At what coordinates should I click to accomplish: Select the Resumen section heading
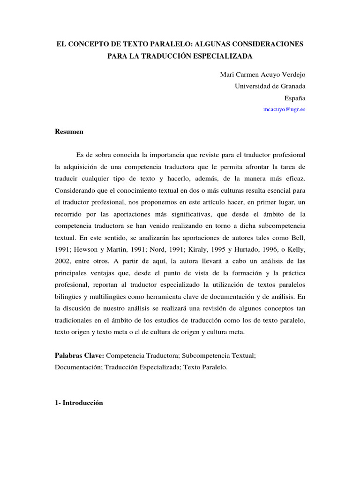(69, 132)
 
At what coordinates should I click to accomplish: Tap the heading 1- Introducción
(79, 403)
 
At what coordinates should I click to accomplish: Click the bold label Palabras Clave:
(79, 356)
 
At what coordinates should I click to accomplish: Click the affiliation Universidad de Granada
(270, 86)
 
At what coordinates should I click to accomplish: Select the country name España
(295, 98)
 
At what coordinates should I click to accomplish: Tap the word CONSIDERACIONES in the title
(265, 44)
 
